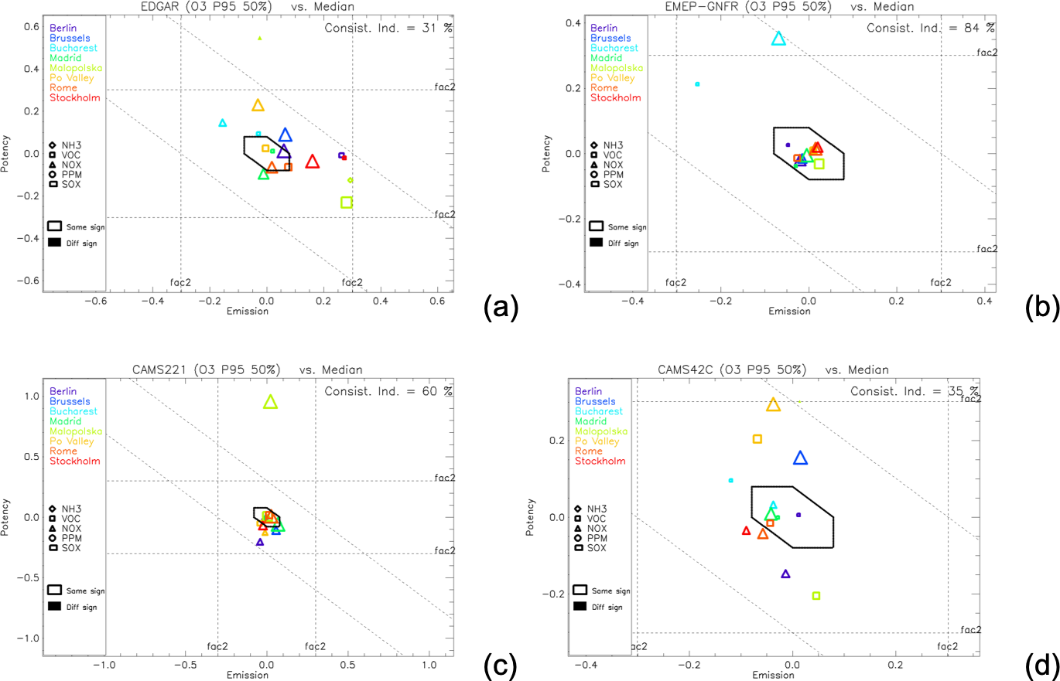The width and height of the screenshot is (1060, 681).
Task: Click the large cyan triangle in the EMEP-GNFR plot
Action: [778, 39]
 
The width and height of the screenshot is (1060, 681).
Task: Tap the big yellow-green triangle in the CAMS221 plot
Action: [270, 402]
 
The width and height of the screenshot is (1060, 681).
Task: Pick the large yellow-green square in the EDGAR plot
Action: [346, 202]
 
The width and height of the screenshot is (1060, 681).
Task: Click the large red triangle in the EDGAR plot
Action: [312, 162]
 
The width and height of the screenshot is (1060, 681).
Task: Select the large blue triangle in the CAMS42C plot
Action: [800, 458]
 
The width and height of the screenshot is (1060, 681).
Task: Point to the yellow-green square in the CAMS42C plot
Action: [816, 595]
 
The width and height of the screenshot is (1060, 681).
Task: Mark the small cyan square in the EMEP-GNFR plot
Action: [697, 84]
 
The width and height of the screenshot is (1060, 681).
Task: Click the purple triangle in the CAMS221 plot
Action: [260, 542]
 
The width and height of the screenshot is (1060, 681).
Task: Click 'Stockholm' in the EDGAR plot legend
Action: [75, 97]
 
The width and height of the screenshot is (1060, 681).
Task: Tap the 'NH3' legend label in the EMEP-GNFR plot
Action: [612, 145]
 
